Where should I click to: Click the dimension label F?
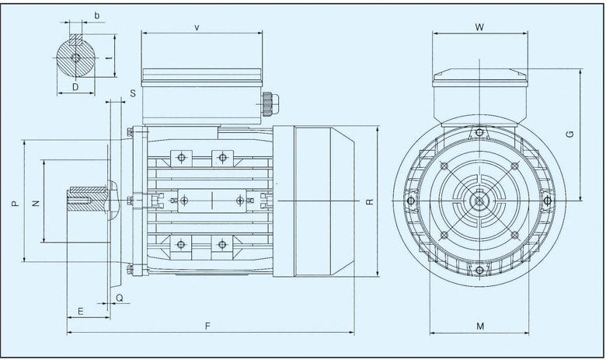pyautogui.click(x=207, y=327)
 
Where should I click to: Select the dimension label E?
pyautogui.click(x=81, y=311)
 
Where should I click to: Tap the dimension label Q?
pyautogui.click(x=119, y=298)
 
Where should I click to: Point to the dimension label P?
pyautogui.click(x=15, y=203)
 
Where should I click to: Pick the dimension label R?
pyautogui.click(x=370, y=201)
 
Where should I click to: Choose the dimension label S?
pyautogui.click(x=134, y=93)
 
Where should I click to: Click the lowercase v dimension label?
pyautogui.click(x=197, y=27)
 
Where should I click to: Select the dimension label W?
pyautogui.click(x=479, y=27)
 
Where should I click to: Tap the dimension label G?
pyautogui.click(x=569, y=134)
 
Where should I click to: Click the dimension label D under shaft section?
pyautogui.click(x=75, y=87)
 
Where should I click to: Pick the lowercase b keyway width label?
pyautogui.click(x=96, y=16)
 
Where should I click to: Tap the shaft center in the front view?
pyautogui.click(x=479, y=201)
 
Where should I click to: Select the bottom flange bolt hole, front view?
pyautogui.click(x=479, y=270)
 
